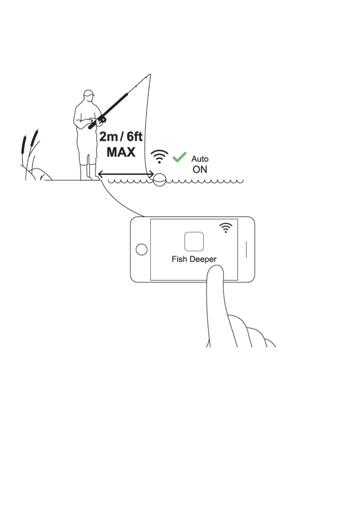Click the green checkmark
pyautogui.click(x=179, y=157)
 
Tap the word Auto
pyautogui.click(x=200, y=159)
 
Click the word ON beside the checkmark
pyautogui.click(x=200, y=170)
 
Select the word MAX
pyautogui.click(x=121, y=152)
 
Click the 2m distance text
pyautogui.click(x=109, y=137)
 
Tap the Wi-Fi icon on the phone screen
pyautogui.click(x=225, y=228)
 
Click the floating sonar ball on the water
pyautogui.click(x=159, y=180)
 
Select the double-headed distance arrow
pyautogui.click(x=126, y=174)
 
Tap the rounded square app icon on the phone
pyautogui.click(x=194, y=242)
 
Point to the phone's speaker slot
pyautogui.click(x=246, y=249)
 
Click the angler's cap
pyautogui.click(x=89, y=93)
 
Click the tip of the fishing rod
pyautogui.click(x=150, y=74)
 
